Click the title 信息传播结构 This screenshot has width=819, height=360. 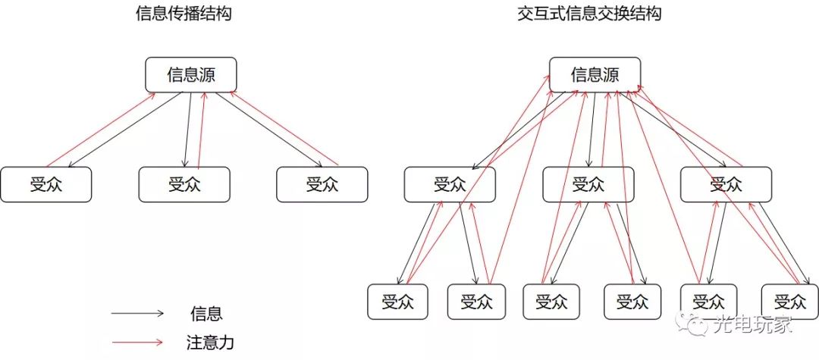pos(179,14)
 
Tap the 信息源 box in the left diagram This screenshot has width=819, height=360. pos(191,75)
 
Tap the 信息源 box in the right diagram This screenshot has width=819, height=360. pos(595,75)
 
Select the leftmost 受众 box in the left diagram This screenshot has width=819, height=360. pos(46,184)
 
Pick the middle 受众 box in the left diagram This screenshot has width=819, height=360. pos(184,184)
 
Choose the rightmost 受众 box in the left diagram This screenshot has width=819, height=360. pos(322,184)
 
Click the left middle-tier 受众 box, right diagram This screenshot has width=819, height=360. pos(450,184)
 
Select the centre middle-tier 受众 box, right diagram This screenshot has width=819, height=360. pos(588,184)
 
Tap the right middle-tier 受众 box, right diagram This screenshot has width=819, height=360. pos(726,184)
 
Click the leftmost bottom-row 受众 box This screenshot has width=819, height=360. pos(398,302)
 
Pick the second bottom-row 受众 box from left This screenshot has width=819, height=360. pos(476,302)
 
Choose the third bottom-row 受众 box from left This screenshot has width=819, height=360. pos(552,302)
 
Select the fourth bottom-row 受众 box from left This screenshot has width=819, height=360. pos(632,302)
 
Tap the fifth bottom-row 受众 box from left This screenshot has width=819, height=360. pos(708,302)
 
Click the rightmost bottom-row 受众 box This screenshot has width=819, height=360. pos(789,302)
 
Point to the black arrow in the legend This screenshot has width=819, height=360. pos(137,313)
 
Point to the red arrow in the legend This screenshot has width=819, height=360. pos(137,343)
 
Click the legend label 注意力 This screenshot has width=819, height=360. pos(209,343)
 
